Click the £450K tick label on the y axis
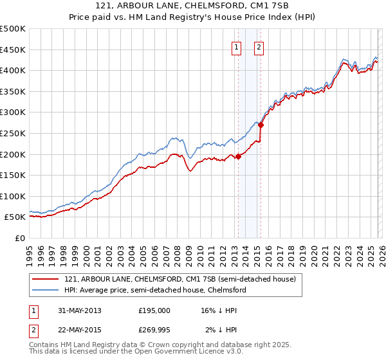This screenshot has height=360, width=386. (13, 50)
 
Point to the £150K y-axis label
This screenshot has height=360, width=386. (13, 175)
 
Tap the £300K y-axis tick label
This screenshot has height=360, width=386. (13, 113)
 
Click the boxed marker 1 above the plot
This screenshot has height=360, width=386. (236, 46)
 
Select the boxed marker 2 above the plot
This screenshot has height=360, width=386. (259, 46)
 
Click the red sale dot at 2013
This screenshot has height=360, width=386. (238, 156)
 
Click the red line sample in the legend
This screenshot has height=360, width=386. (45, 280)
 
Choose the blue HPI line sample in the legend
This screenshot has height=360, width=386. (45, 291)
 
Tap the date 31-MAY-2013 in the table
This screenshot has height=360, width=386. (79, 310)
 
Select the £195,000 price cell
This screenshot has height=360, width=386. (154, 310)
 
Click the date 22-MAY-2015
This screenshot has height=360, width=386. (79, 330)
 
